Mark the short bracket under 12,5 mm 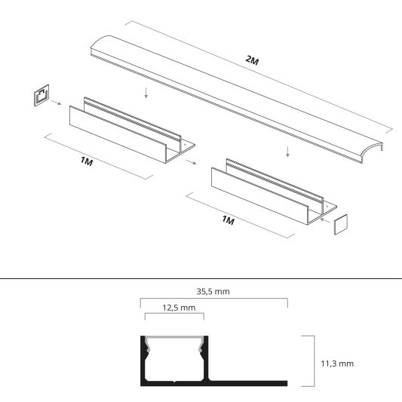(x=172, y=319)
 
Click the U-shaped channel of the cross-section (x=173, y=362)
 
